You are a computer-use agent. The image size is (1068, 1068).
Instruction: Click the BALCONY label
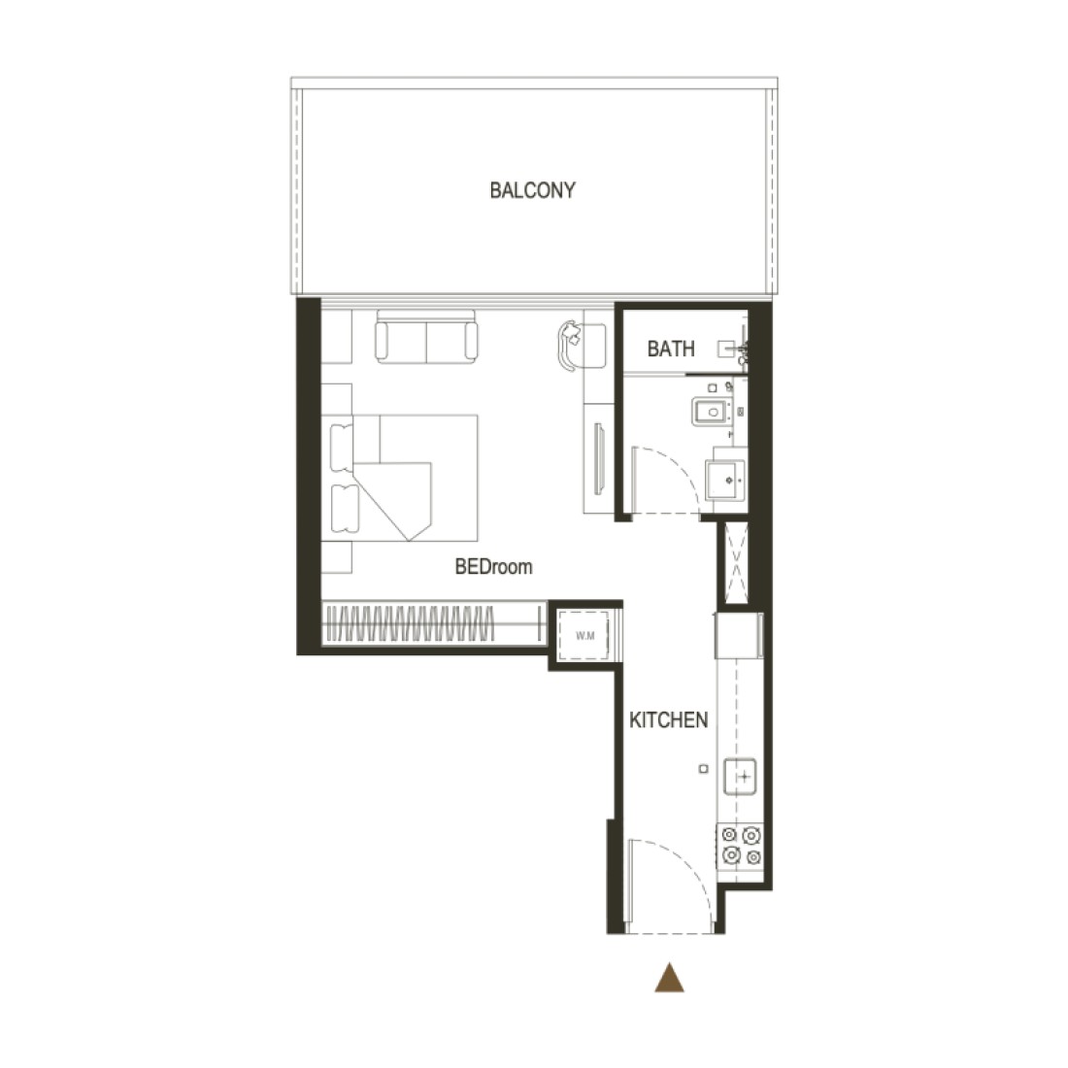(x=533, y=190)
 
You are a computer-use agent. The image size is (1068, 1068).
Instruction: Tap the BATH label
(x=671, y=349)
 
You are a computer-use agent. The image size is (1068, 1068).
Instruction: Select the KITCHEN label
(x=668, y=720)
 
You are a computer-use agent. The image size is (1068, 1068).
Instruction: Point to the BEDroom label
(x=494, y=567)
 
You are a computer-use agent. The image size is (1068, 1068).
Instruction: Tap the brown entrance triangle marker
(x=670, y=978)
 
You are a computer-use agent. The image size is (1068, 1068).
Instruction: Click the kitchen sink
(x=741, y=777)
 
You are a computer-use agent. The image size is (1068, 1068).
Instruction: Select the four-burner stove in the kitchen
(x=741, y=846)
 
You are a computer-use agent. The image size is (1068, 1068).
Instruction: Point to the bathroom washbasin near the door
(x=725, y=480)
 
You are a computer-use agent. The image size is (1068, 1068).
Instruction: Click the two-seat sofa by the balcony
(x=426, y=337)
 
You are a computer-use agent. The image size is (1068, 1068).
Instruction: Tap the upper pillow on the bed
(x=342, y=447)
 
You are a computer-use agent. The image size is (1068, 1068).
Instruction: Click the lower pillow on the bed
(x=344, y=508)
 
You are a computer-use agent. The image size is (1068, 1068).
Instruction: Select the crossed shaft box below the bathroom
(x=736, y=562)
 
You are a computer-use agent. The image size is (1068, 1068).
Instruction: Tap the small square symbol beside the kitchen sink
(x=704, y=769)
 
